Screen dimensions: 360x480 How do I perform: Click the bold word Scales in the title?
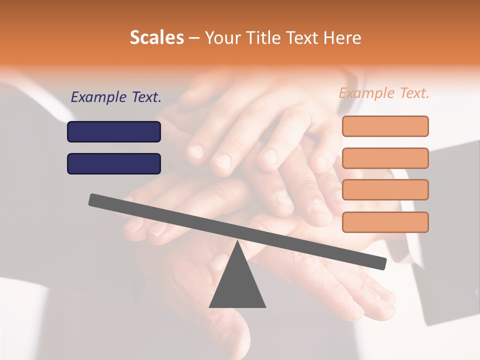[x=157, y=37]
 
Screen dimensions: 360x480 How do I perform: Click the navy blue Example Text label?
[x=116, y=97]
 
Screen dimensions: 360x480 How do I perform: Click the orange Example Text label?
[x=384, y=93]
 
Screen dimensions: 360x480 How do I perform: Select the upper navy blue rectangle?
[x=114, y=131]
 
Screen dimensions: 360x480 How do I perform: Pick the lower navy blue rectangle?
[x=114, y=163]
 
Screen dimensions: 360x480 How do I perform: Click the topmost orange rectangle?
[x=385, y=126]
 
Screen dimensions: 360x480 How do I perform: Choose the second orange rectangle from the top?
[x=385, y=158]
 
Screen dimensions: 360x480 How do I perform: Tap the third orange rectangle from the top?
[x=385, y=189]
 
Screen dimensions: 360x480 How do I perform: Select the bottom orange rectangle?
[x=385, y=222]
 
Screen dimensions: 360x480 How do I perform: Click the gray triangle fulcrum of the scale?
[x=237, y=285]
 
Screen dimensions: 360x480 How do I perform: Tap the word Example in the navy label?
[x=98, y=97]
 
